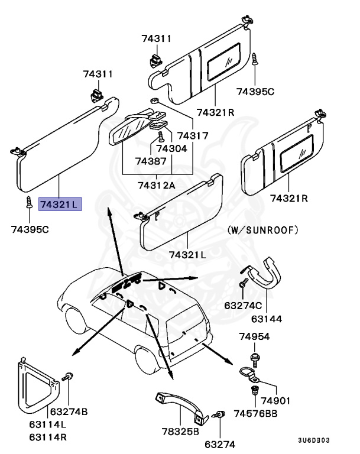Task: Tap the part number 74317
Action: tap(193, 135)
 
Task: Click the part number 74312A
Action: tap(157, 185)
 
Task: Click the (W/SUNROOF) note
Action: tap(262, 230)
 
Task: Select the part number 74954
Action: tap(254, 336)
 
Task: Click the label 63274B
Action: tap(69, 411)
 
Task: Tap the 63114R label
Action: tap(49, 437)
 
